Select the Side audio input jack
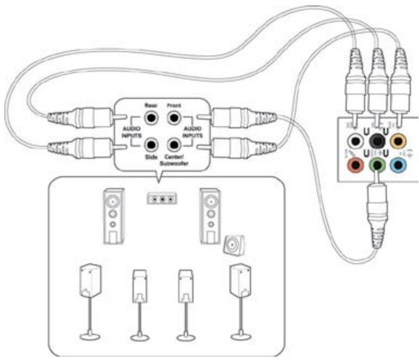coord(151,145)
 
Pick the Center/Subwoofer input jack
coord(173,145)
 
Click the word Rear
coord(151,104)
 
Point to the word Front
coord(173,104)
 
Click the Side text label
coord(151,157)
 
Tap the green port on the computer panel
coord(377,164)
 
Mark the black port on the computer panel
coord(377,141)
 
